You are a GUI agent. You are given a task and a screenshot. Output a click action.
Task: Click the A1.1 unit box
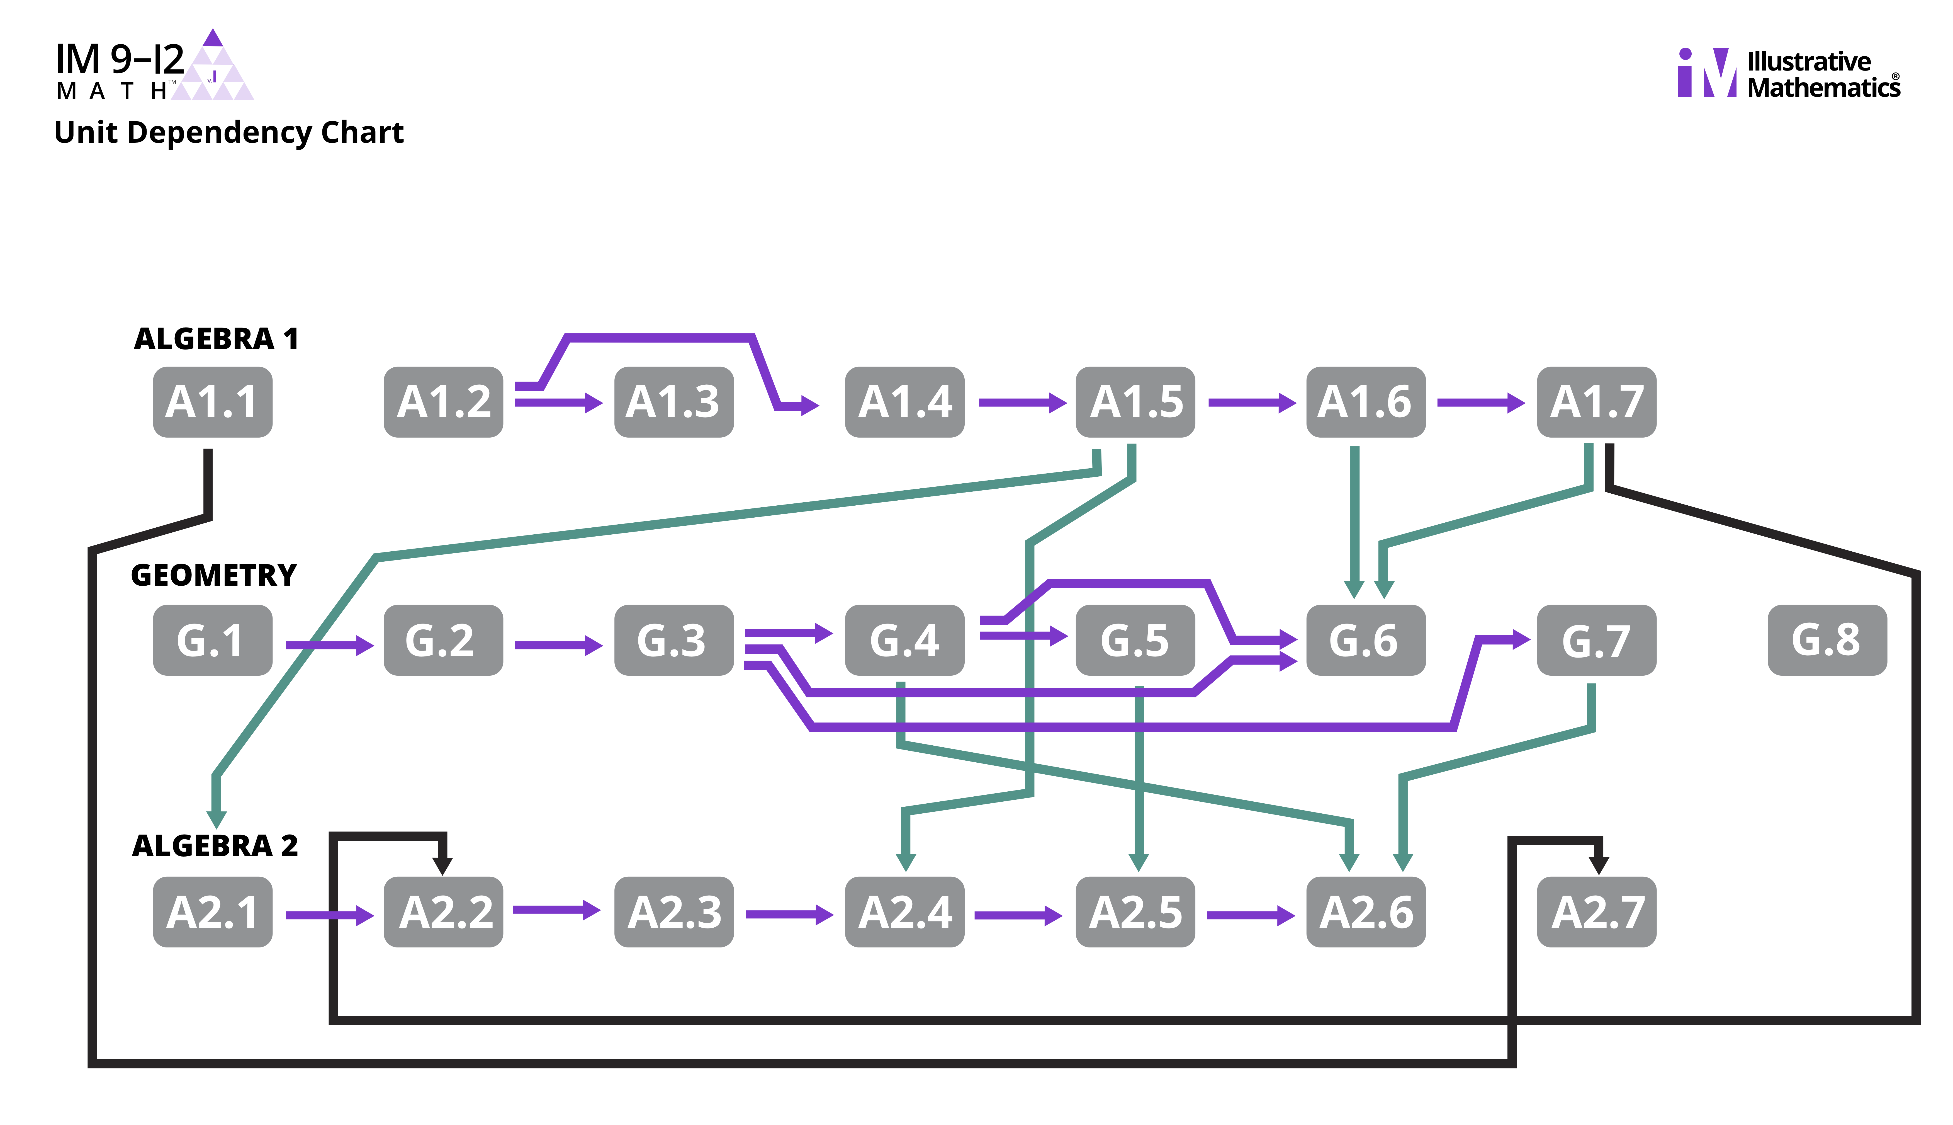point(212,402)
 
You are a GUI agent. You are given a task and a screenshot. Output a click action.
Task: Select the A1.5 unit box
point(1135,402)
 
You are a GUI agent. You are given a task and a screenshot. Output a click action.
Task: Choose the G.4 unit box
point(904,640)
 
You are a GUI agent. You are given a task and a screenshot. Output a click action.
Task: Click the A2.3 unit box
point(673,912)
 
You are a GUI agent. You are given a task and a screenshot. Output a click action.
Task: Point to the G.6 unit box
point(1365,640)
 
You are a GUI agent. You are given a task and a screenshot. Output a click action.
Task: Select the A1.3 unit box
point(673,402)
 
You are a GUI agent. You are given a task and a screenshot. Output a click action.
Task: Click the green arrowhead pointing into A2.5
point(1138,862)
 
